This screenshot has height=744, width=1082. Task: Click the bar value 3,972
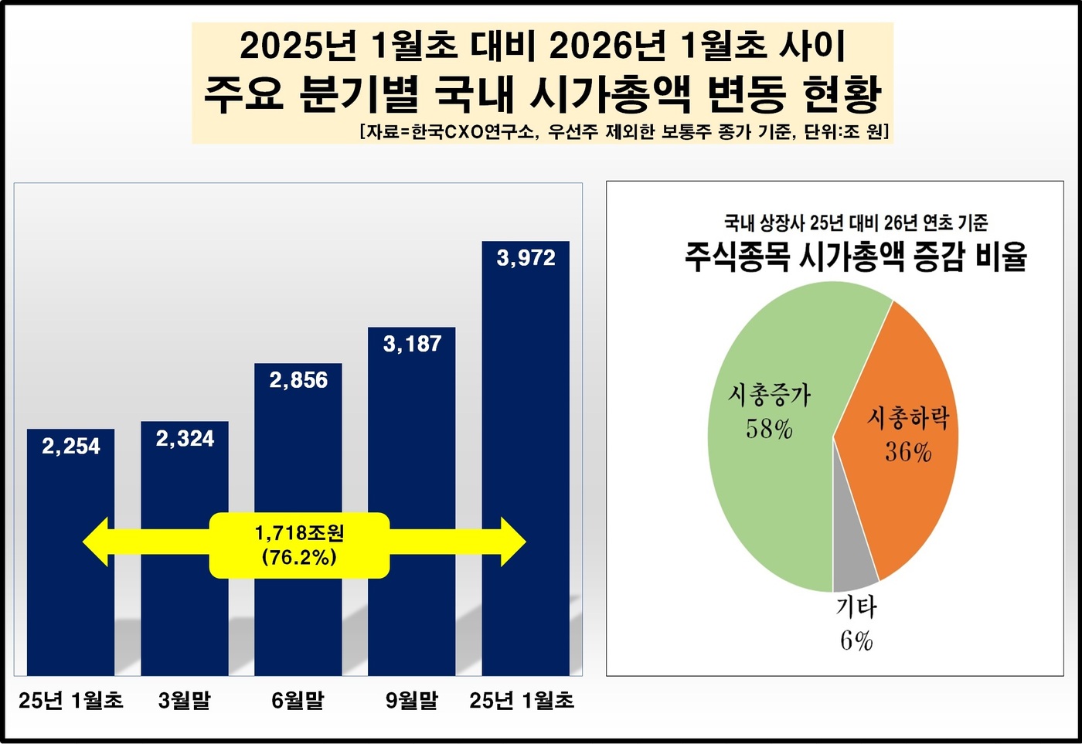tap(526, 258)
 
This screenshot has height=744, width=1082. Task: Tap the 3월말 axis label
tap(184, 701)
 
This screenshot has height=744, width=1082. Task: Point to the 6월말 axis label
tap(298, 701)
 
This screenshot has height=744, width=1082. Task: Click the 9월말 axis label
tap(411, 701)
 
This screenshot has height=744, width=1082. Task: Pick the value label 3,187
tap(412, 344)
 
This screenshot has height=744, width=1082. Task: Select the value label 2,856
tap(298, 380)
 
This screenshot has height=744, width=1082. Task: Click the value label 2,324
tap(185, 439)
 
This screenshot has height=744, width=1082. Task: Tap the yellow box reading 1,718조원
tap(299, 545)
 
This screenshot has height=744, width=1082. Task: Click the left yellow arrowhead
tap(97, 542)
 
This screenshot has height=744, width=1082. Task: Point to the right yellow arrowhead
tap(512, 542)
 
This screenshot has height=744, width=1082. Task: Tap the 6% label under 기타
tap(856, 641)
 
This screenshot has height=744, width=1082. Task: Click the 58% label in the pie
tap(769, 429)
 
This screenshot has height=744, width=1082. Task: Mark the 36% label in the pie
tap(908, 452)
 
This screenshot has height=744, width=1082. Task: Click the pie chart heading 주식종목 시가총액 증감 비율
tap(856, 256)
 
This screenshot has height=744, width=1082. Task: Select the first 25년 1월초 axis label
tap(70, 701)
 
